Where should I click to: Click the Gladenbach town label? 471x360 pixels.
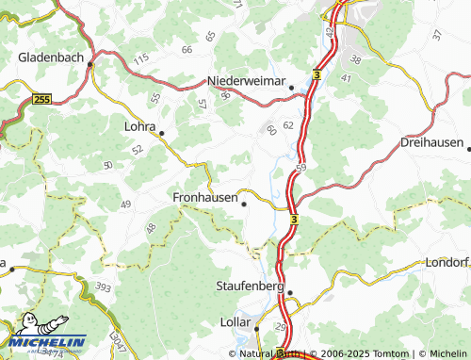click(x=53, y=57)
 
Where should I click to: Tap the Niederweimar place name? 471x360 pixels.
click(x=246, y=81)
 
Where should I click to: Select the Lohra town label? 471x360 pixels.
click(x=140, y=123)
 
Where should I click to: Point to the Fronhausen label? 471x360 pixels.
click(x=204, y=197)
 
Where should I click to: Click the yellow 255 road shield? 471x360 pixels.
click(x=41, y=98)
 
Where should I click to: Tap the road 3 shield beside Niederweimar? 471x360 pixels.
click(x=317, y=74)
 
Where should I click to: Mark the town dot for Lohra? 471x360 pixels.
click(x=161, y=133)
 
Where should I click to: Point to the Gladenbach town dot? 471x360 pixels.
click(x=91, y=65)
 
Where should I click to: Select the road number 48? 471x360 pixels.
click(x=150, y=228)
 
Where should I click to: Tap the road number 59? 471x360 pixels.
click(x=300, y=168)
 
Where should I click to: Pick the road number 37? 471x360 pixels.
click(x=436, y=35)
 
